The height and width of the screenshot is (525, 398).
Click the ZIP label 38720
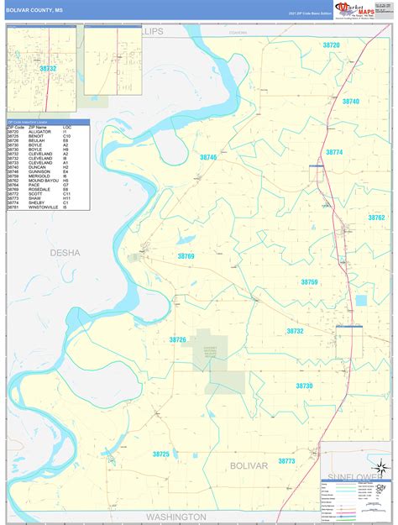(331, 45)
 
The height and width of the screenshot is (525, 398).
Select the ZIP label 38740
(350, 102)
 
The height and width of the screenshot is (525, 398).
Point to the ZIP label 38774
(335, 152)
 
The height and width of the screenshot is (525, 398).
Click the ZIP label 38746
(208, 157)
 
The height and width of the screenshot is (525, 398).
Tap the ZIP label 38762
(375, 218)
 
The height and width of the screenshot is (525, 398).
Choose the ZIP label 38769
(186, 256)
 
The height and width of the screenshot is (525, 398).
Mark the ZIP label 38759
(309, 282)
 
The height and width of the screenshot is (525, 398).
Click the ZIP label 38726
(177, 340)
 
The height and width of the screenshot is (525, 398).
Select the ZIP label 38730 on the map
(304, 386)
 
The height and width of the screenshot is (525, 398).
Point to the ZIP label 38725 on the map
(160, 454)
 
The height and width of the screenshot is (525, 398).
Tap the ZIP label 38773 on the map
(287, 461)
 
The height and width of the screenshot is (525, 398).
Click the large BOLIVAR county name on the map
(249, 465)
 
